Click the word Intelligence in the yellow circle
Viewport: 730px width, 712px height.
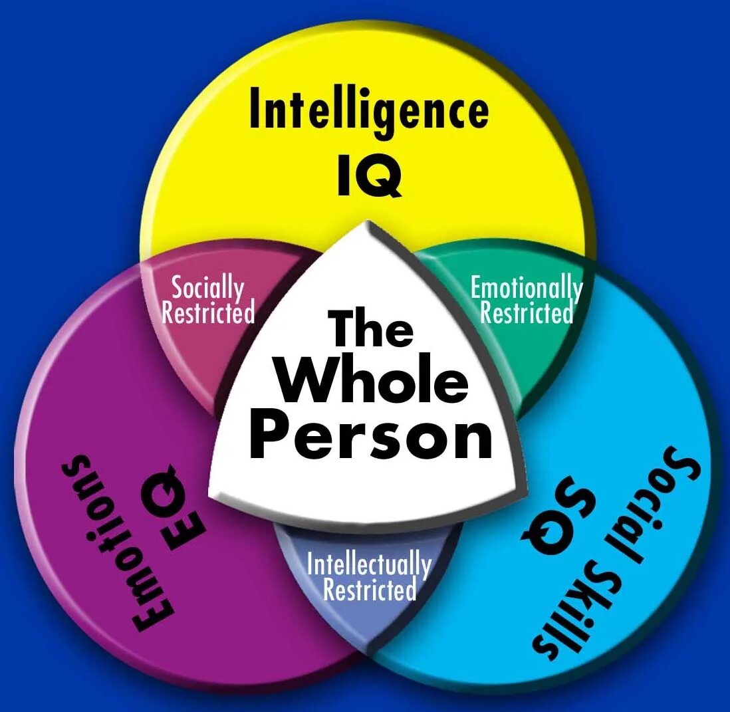tap(369, 111)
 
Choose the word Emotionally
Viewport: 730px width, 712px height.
tap(526, 288)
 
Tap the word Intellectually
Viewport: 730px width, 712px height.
tap(369, 564)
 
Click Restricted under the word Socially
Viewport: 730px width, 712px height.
tap(208, 312)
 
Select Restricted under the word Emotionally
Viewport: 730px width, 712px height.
tap(526, 312)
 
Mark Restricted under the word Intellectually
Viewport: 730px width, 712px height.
tap(369, 590)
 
